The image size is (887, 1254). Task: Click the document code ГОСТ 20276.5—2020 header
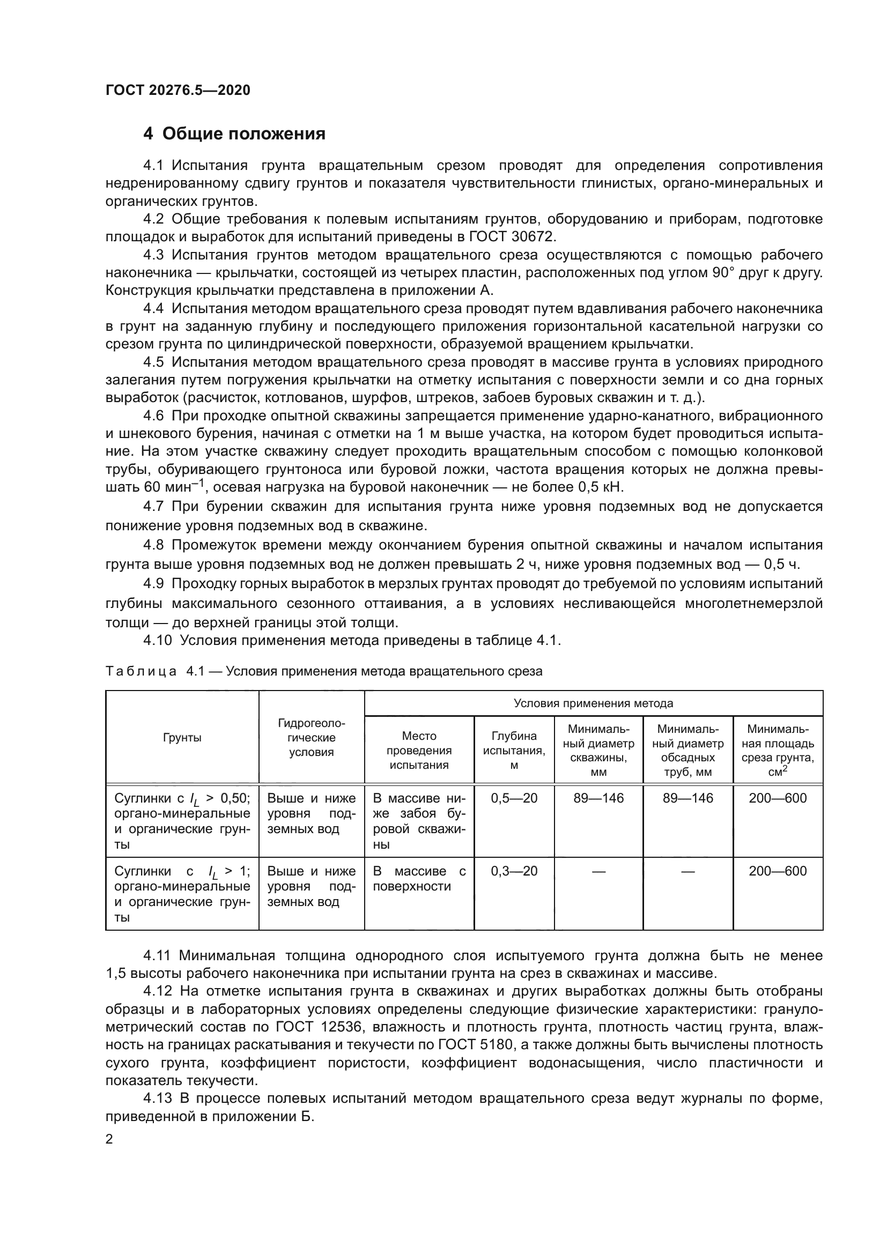pyautogui.click(x=178, y=90)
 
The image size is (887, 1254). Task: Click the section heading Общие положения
pyautogui.click(x=243, y=134)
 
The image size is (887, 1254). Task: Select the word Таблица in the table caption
pyautogui.click(x=141, y=671)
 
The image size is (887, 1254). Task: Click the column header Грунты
pyautogui.click(x=182, y=738)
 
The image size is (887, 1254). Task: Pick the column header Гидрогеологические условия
pyautogui.click(x=312, y=738)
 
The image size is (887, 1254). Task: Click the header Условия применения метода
pyautogui.click(x=593, y=703)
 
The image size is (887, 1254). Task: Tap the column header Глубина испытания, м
pyautogui.click(x=514, y=751)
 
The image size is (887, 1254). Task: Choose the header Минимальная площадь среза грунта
pyautogui.click(x=778, y=751)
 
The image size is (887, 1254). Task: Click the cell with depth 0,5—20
pyautogui.click(x=514, y=798)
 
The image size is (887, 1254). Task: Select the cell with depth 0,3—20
pyautogui.click(x=514, y=871)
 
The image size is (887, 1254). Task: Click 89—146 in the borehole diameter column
pyautogui.click(x=598, y=798)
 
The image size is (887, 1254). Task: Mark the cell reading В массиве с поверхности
pyautogui.click(x=419, y=879)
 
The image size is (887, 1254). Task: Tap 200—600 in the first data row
pyautogui.click(x=778, y=798)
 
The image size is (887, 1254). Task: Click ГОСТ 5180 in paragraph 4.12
pyautogui.click(x=475, y=1045)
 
